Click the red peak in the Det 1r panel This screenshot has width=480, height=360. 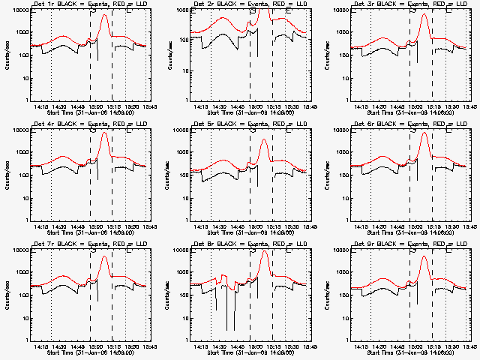pos(103,15)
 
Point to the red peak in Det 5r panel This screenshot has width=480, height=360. pos(263,139)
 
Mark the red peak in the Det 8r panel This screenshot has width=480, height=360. pos(264,251)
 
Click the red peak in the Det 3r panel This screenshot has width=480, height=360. pos(424,14)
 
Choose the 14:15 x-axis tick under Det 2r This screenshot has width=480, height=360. pos(201,106)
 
